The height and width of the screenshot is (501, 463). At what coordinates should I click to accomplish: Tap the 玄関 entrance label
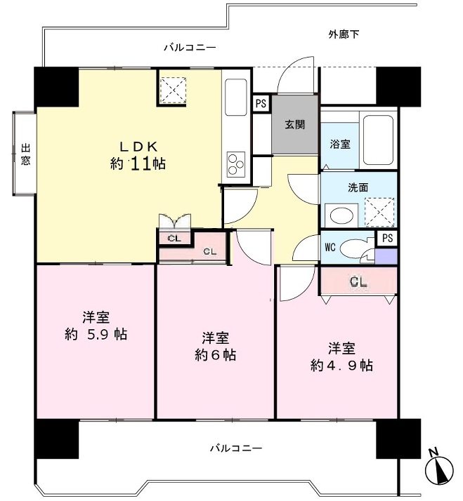[x=294, y=124]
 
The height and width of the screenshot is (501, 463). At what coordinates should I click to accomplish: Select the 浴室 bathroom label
[x=340, y=144]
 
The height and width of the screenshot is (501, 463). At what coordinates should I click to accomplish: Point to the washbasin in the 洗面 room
[x=341, y=215]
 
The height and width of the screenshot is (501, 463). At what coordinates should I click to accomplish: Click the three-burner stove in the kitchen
[x=236, y=164]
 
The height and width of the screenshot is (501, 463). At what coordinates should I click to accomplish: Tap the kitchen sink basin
[x=236, y=97]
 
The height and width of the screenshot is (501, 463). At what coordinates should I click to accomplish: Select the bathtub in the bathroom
[x=378, y=140]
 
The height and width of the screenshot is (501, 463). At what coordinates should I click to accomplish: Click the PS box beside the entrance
[x=261, y=103]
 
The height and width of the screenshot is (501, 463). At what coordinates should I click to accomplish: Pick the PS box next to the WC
[x=387, y=238]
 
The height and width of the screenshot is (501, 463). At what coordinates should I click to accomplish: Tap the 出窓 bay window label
[x=26, y=154]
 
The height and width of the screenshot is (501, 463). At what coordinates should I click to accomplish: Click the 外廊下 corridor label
[x=344, y=34]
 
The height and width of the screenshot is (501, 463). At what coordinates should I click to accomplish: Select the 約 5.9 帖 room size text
[x=96, y=335]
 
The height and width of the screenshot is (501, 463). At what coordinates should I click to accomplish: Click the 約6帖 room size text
[x=216, y=355]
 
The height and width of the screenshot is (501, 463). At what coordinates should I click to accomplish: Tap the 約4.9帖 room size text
[x=341, y=365]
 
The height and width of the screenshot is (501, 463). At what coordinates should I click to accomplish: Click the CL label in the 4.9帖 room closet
[x=359, y=281]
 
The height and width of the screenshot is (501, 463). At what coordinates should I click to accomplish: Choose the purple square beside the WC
[x=386, y=256]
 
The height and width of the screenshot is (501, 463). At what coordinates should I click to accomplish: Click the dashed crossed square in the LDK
[x=173, y=90]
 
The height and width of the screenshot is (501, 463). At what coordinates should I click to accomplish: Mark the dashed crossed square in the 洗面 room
[x=379, y=212]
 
